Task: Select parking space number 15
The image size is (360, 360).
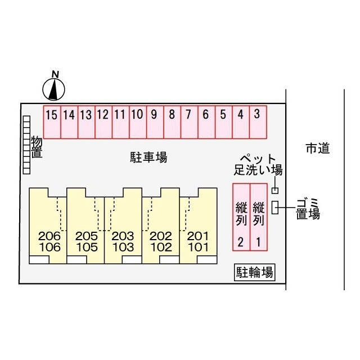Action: [52, 122]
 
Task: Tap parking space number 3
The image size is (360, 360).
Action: [258, 122]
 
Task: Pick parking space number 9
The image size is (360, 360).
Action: [155, 122]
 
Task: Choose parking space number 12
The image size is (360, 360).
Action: [103, 122]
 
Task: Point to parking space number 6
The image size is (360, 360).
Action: [206, 122]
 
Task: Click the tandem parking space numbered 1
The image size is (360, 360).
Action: [259, 217]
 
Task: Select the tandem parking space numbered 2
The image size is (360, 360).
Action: [241, 217]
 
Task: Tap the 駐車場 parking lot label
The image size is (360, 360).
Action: [148, 157]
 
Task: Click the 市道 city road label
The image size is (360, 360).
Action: [318, 148]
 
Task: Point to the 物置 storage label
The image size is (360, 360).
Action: [37, 147]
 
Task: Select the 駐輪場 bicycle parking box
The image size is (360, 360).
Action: [255, 272]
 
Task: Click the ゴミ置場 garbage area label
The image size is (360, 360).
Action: [308, 209]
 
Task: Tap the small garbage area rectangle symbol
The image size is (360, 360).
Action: [275, 208]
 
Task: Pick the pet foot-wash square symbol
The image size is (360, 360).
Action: [275, 191]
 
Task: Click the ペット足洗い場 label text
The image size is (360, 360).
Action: [258, 165]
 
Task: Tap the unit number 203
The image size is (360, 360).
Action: [123, 236]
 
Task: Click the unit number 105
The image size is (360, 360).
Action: [87, 247]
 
